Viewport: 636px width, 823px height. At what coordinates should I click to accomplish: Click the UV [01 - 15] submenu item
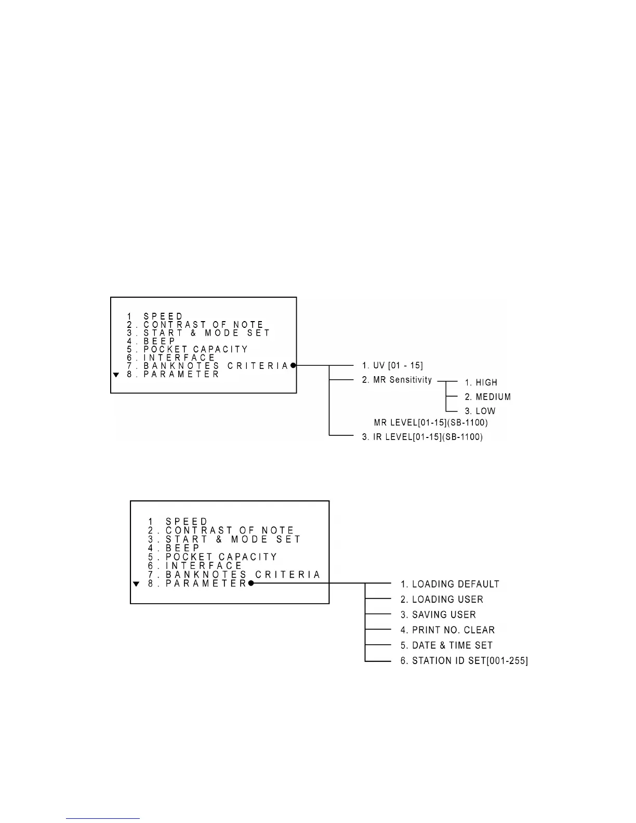tap(392, 366)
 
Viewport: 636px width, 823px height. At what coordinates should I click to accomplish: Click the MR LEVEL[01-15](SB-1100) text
tap(431, 422)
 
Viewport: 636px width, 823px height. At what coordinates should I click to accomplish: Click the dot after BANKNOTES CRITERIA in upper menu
tap(293, 366)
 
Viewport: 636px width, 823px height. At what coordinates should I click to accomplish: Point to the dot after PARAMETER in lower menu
tap(251, 583)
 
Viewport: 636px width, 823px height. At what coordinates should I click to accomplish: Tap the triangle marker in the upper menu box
tap(116, 375)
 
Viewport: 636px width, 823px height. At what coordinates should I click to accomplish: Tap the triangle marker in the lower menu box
tap(136, 584)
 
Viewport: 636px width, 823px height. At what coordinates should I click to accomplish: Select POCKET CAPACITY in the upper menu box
tap(196, 349)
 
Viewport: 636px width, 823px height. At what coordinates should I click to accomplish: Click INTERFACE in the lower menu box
tap(204, 566)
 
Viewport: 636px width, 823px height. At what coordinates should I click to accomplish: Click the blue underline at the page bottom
tap(103, 819)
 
